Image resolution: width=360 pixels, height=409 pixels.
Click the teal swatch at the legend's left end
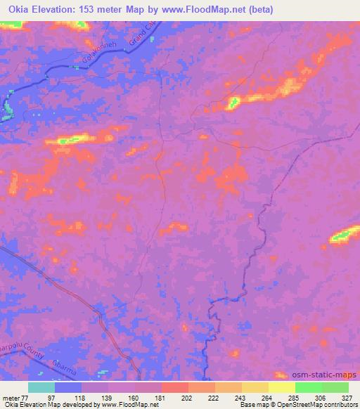point(41,387)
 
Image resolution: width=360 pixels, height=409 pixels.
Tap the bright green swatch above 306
point(308,387)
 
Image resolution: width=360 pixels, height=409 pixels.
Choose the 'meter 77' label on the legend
point(14,398)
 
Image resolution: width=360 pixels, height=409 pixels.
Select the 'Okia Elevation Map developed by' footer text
point(42,405)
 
